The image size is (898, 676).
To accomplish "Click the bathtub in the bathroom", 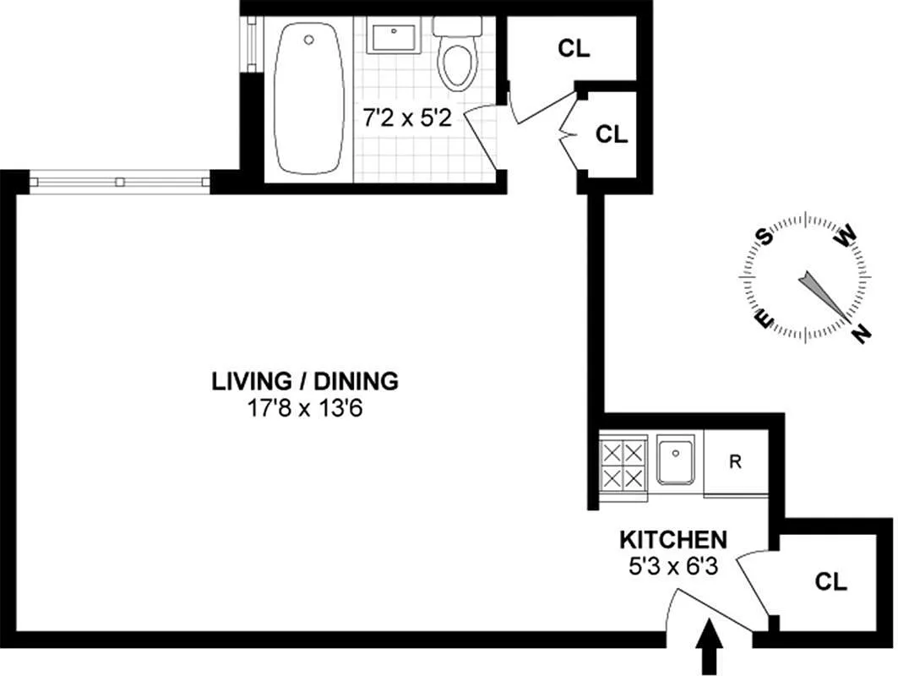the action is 309,99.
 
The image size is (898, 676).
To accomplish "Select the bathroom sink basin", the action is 394,35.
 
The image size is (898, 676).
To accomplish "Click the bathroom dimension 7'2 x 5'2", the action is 408,118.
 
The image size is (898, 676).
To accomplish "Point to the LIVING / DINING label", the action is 305,382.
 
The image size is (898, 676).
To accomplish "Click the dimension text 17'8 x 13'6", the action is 305,409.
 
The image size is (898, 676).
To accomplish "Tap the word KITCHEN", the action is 673,540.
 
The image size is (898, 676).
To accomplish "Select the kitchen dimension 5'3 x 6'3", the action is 673,567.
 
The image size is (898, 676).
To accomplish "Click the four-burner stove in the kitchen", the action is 623,466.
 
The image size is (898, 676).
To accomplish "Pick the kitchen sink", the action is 676,460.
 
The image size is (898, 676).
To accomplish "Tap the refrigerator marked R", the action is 736,461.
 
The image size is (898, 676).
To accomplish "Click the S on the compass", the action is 764,236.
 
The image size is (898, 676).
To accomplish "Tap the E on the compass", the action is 765,319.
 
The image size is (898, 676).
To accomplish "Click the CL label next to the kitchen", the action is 831,582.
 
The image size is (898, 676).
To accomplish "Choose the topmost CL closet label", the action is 574,49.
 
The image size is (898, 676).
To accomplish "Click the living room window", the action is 120,183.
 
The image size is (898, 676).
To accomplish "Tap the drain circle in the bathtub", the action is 309,40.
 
